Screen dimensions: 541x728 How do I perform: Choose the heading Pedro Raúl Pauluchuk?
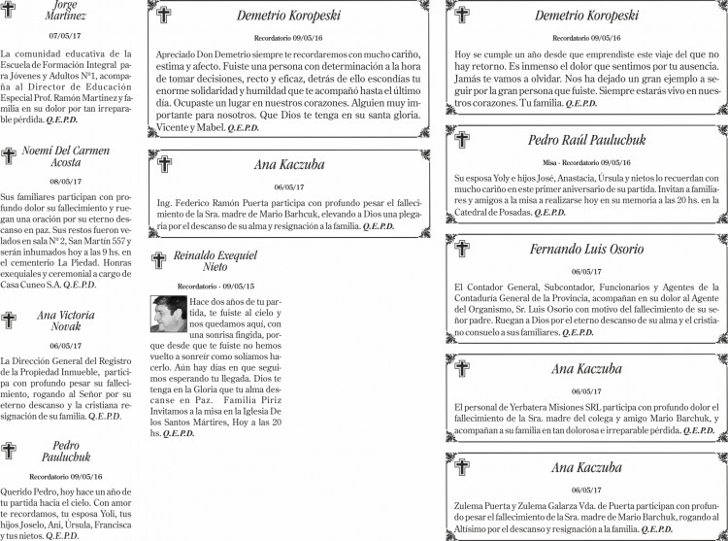581,140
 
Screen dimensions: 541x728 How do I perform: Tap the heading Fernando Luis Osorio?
586,250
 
